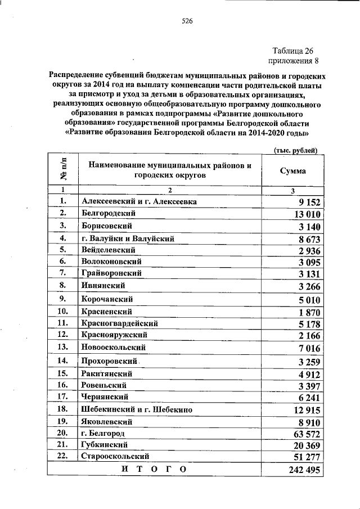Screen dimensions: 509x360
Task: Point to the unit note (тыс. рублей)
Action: click(x=295, y=150)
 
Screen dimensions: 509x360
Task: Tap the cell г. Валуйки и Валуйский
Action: click(x=128, y=238)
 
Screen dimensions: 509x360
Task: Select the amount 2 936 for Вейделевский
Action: click(x=308, y=251)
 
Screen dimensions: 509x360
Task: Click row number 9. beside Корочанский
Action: click(x=63, y=298)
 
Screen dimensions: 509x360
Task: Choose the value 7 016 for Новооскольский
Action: click(x=308, y=348)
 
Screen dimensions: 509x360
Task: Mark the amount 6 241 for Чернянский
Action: click(x=308, y=398)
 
